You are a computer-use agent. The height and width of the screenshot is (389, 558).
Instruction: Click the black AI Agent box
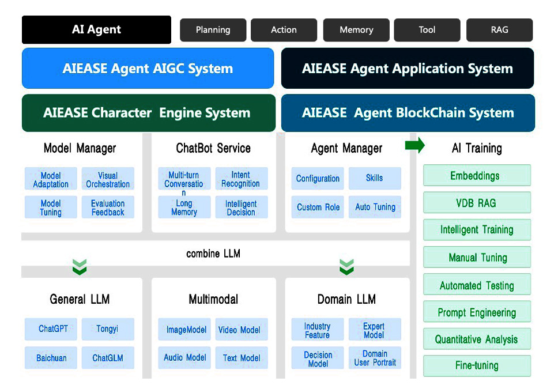pos(96,29)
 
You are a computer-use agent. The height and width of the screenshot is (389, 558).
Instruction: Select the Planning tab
pos(213,30)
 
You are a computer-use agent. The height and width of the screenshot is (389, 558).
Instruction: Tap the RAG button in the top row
pos(499,30)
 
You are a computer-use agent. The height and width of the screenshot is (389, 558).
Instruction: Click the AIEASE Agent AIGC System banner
pos(148,69)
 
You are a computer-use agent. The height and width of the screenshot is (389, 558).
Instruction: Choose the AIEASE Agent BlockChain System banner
pos(408,113)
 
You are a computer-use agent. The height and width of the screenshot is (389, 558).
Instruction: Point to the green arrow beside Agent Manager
pos(414,145)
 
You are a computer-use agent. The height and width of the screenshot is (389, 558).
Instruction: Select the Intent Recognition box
pos(242,179)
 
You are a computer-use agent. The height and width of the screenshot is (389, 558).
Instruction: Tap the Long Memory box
pos(184,207)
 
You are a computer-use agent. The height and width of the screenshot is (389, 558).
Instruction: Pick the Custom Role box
pos(318,207)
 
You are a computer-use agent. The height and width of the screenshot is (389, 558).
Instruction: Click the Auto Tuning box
pos(375,207)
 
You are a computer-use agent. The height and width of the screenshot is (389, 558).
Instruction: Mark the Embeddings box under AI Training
pos(477,175)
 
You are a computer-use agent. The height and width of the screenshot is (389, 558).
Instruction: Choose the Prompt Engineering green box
pos(477,312)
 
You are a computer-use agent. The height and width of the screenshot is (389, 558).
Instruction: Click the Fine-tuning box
pos(477,366)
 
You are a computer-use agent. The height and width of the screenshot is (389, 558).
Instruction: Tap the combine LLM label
pos(213,254)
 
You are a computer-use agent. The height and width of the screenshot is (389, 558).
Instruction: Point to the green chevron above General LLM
pos(80,267)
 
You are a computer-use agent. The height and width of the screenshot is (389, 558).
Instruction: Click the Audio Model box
pos(184,358)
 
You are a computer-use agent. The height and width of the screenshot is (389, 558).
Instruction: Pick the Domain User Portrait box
pos(375,358)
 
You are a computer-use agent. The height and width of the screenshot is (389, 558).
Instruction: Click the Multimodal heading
pos(213,299)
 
